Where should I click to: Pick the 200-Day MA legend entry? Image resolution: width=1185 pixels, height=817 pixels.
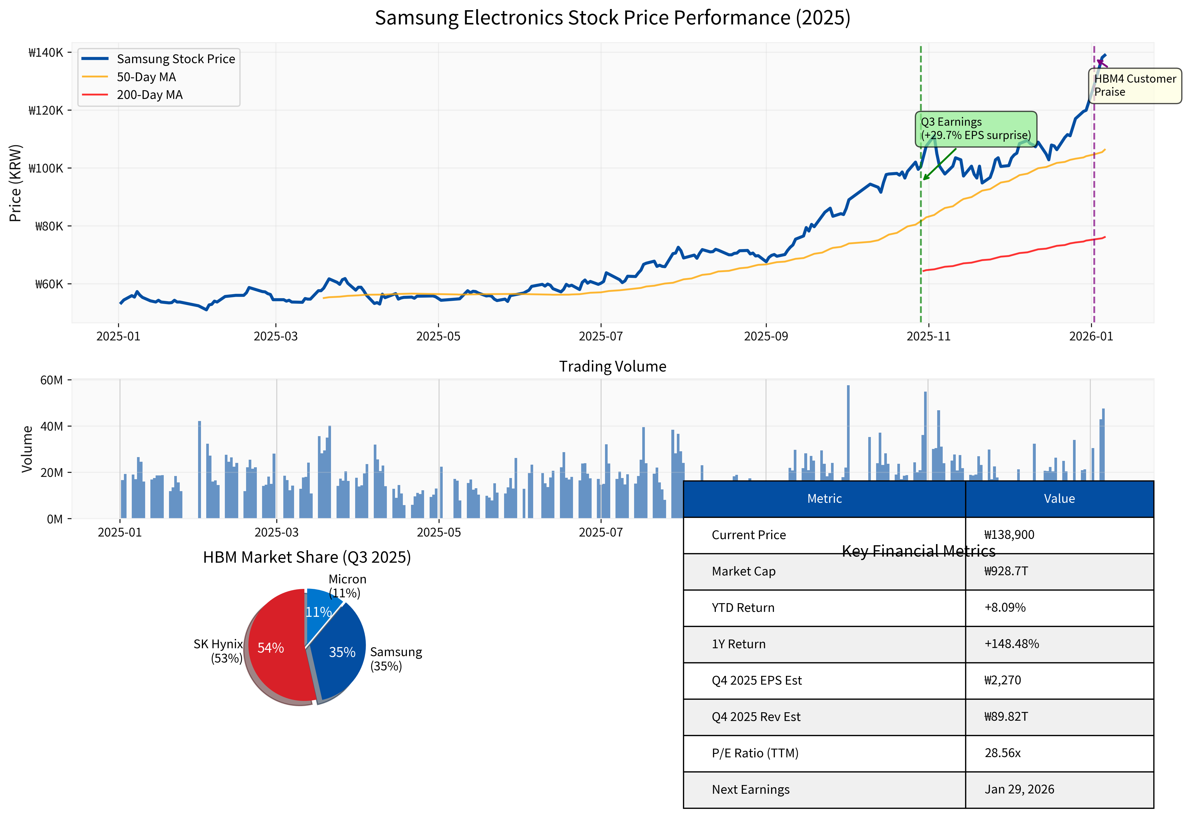click(150, 95)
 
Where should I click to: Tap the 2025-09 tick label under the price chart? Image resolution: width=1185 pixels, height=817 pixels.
click(766, 336)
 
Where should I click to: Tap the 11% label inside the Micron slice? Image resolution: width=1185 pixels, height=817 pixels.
click(318, 612)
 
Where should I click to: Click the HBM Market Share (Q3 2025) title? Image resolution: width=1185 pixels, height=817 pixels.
click(307, 557)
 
